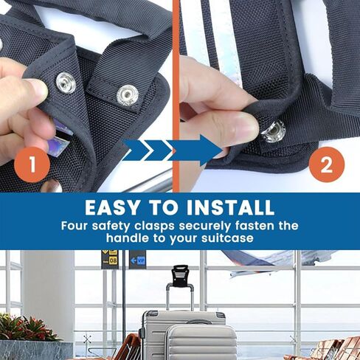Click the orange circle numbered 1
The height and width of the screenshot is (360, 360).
point(30,164)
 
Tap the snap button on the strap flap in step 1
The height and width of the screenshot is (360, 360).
point(128,94)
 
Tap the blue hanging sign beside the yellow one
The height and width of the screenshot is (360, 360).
point(138,259)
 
